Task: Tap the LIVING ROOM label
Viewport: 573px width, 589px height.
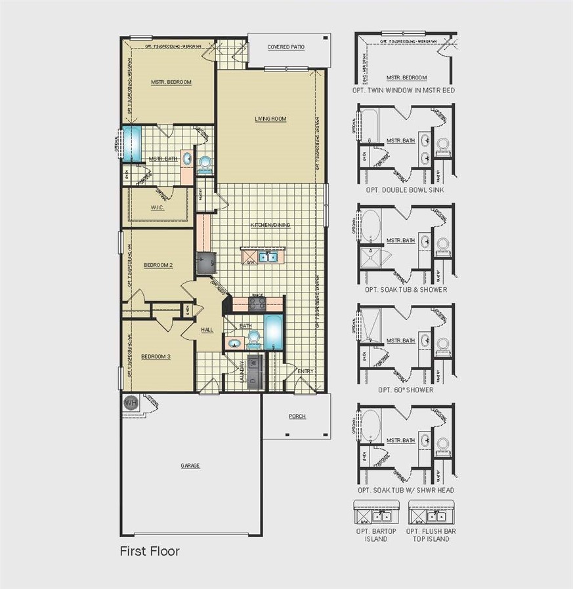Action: (270, 119)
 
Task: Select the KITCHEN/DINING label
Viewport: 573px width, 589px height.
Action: (270, 225)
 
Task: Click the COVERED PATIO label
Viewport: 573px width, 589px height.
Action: (287, 47)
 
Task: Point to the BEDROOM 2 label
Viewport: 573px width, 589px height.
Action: (158, 265)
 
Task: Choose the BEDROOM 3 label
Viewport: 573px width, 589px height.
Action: (156, 356)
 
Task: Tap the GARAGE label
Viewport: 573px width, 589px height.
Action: (190, 466)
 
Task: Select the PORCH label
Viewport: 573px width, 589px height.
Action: (297, 416)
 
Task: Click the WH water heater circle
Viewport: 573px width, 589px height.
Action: (131, 403)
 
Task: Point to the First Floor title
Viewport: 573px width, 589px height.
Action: (149, 551)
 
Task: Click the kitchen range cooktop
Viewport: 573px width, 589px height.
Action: (257, 304)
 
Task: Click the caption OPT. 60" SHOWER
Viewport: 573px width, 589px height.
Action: (406, 390)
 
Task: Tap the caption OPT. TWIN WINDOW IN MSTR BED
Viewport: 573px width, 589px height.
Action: (406, 90)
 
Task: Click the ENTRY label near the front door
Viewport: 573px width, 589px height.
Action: (305, 371)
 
